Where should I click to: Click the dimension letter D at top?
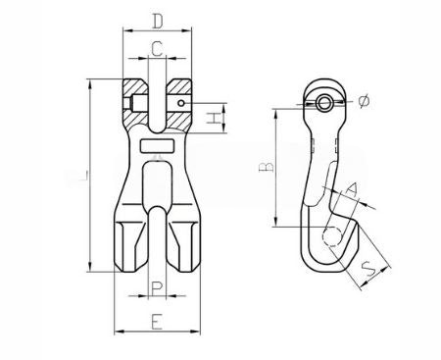[157, 19]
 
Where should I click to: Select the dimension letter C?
[157, 48]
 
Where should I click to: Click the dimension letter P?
[156, 286]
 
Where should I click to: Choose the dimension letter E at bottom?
[156, 320]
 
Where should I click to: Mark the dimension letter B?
[265, 167]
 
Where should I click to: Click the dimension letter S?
[368, 265]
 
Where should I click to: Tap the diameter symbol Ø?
[364, 101]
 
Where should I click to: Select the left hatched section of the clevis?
[133, 99]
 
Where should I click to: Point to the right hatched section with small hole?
[179, 99]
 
